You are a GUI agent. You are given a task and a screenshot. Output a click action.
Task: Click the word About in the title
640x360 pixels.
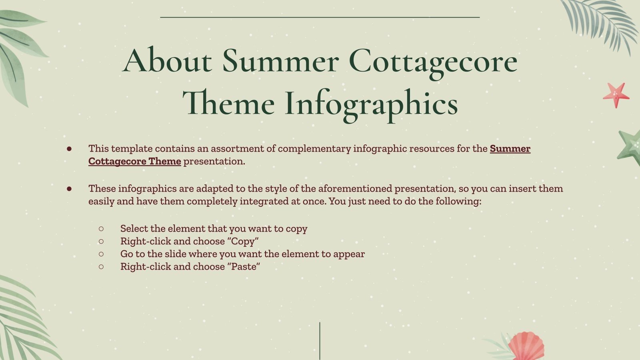pyautogui.click(x=167, y=61)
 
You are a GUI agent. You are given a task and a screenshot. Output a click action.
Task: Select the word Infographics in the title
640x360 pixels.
pyautogui.click(x=371, y=103)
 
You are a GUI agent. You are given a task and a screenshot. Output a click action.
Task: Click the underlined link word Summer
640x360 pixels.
pyautogui.click(x=510, y=148)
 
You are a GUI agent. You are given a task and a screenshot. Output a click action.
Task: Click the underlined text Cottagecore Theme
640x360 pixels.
pyautogui.click(x=134, y=161)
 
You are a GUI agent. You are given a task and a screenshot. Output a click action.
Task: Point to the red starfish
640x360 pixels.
pyautogui.click(x=616, y=95)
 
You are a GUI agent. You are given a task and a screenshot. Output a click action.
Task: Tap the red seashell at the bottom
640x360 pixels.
pyautogui.click(x=526, y=346)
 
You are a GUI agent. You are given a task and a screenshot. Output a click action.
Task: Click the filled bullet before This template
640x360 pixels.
pyautogui.click(x=69, y=149)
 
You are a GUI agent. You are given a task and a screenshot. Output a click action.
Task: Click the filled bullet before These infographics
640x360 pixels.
pyautogui.click(x=69, y=188)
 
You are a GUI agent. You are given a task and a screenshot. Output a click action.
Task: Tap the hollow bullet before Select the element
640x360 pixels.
pyautogui.click(x=101, y=228)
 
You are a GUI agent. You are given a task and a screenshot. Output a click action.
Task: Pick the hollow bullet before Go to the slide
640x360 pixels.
pyautogui.click(x=101, y=254)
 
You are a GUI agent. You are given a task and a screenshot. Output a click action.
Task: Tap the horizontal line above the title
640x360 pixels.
pyautogui.click(x=320, y=17)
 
